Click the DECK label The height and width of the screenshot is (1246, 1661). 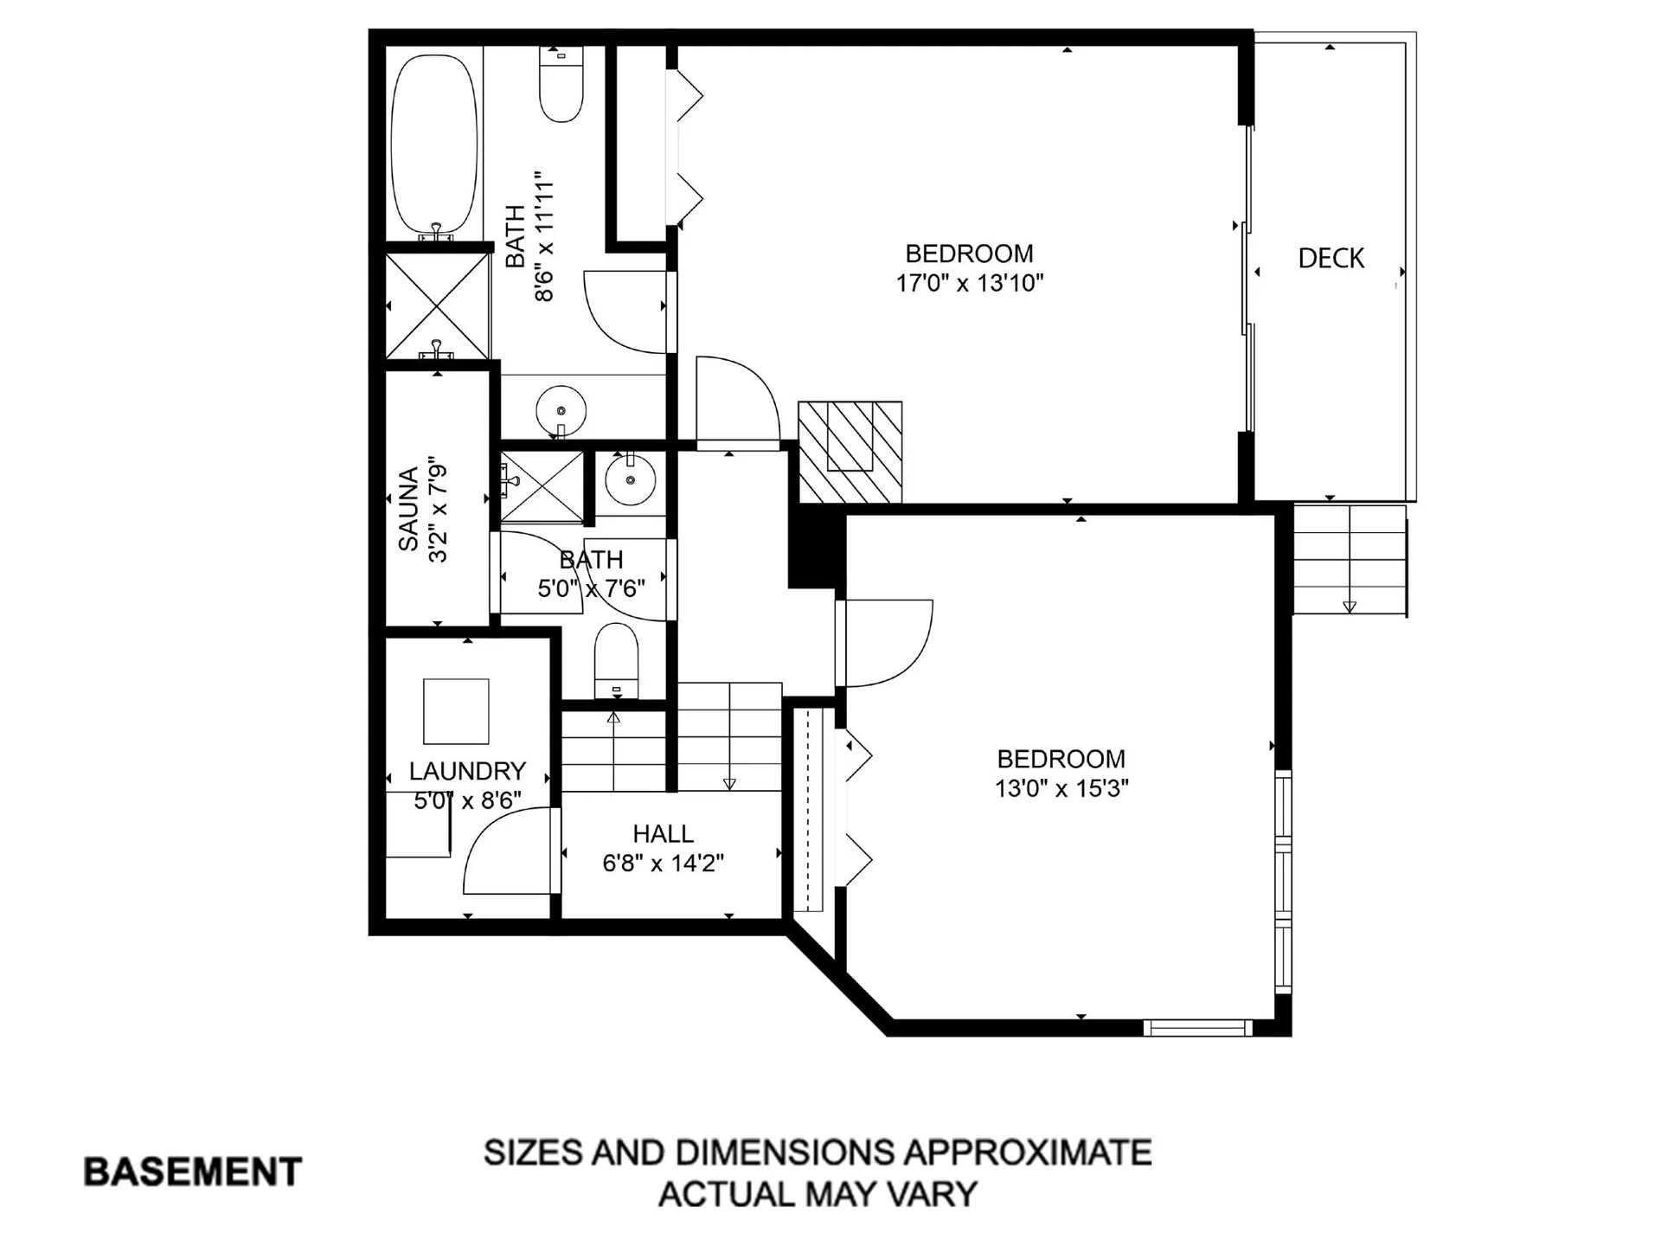coord(1331,258)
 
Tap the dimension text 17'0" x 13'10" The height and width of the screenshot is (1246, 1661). coord(969,283)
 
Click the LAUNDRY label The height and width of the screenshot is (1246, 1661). coord(467,771)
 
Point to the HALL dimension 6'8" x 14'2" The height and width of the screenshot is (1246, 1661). coord(663,864)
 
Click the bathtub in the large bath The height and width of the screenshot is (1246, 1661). coord(434,145)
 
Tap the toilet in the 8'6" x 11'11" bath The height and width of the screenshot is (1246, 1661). coord(561,85)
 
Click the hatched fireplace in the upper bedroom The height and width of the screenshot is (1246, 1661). coord(850,452)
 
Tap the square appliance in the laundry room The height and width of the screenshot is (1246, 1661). coord(456,711)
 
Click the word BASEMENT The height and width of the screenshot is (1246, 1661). coord(192,1172)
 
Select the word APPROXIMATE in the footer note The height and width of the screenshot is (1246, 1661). coord(1027,1153)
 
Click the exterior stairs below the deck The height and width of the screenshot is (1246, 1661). coord(1349,561)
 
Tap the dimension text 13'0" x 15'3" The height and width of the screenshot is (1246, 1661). coord(1061,789)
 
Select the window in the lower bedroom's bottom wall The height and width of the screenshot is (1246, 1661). coord(1197,1028)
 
